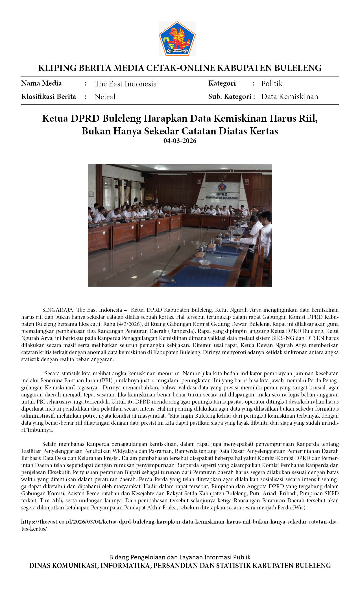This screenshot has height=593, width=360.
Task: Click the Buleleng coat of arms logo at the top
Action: click(177, 38)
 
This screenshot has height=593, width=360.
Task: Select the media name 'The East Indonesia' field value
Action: click(126, 84)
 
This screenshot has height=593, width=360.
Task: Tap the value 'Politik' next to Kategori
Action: click(272, 84)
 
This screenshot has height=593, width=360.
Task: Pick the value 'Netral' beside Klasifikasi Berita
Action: click(105, 97)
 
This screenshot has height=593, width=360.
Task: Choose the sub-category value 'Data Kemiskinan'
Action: click(289, 97)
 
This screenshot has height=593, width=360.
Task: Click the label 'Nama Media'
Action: click(42, 83)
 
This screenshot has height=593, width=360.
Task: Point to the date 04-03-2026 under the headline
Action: click(180, 141)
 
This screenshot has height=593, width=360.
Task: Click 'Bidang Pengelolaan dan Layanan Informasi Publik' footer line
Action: click(180, 557)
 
